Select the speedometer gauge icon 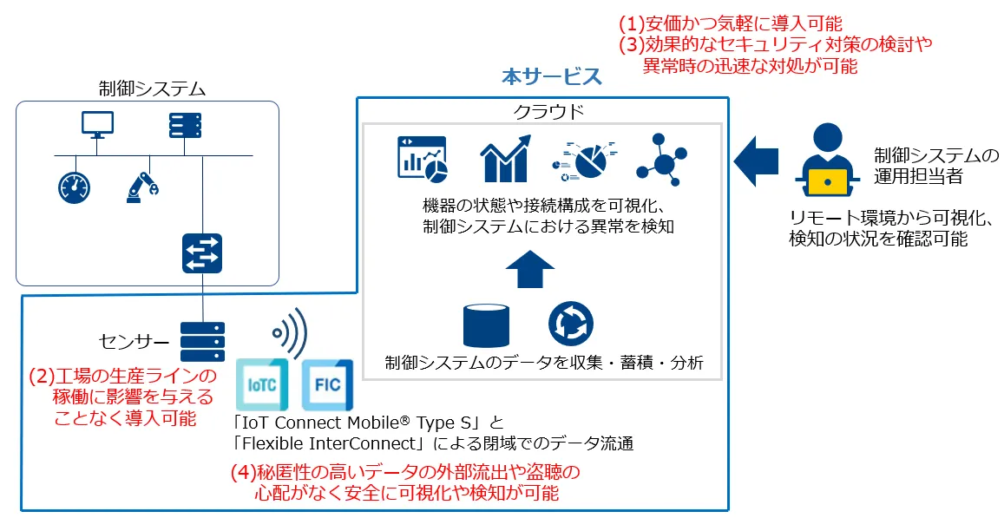coord(75,187)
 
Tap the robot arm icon coord(142,187)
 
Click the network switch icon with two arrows coord(202,253)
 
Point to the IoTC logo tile coord(263,384)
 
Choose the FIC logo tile coord(327,384)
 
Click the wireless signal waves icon coord(290,333)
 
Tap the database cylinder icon coord(487,326)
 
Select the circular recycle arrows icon coord(571,324)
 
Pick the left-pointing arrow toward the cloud coord(756,161)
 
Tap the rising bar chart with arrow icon coord(506,159)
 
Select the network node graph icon coord(661,159)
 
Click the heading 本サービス coord(551,77)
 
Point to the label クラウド coord(548,112)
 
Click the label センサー coord(135,341)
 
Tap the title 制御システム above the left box coord(153,89)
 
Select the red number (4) coord(243,473)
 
